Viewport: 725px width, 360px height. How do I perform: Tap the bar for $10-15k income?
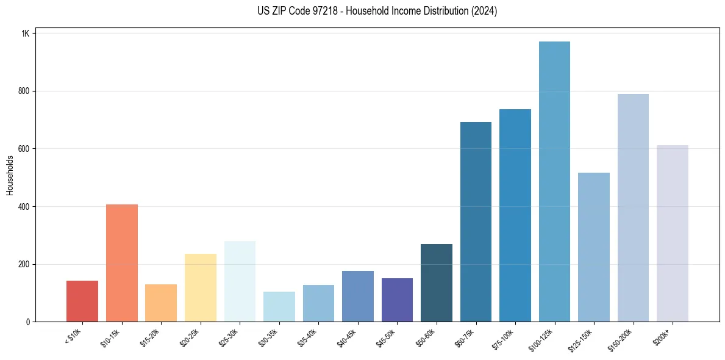pyautogui.click(x=121, y=263)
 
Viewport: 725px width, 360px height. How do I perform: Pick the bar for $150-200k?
pyautogui.click(x=633, y=208)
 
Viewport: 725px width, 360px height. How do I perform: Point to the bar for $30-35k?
pyautogui.click(x=279, y=307)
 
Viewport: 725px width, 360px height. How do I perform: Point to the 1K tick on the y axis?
pyautogui.click(x=25, y=34)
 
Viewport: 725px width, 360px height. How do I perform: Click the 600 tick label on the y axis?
pyautogui.click(x=23, y=149)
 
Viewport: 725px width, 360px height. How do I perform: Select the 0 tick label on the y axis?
pyautogui.click(x=27, y=322)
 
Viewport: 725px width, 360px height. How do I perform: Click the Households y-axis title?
pyautogui.click(x=10, y=175)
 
